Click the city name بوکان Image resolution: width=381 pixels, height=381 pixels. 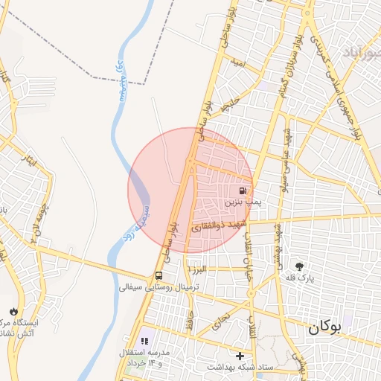(x=324, y=326)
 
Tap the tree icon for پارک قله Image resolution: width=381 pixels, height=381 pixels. (x=300, y=266)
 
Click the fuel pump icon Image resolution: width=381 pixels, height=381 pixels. (x=243, y=190)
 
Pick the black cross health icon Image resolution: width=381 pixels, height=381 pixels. (x=240, y=356)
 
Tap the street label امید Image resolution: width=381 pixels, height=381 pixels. (x=238, y=64)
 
